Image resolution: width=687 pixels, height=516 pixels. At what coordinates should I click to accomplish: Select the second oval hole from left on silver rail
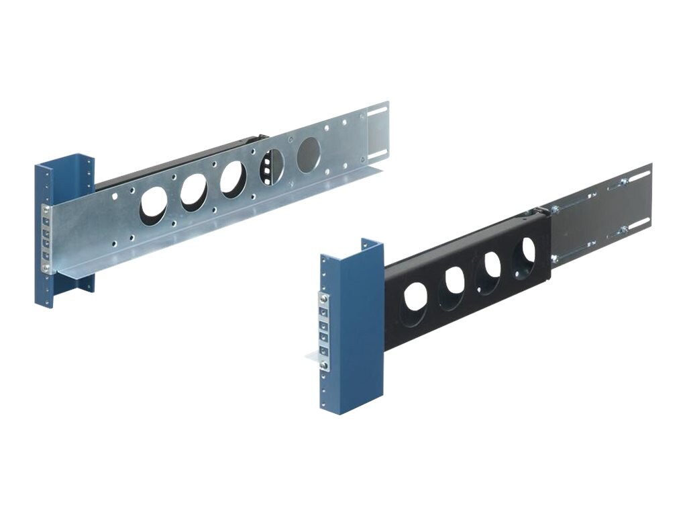[x=193, y=191]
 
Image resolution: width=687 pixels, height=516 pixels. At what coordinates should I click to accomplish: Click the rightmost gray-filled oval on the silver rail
[x=309, y=155]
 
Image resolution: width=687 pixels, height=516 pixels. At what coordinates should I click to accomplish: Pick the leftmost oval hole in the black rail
[x=415, y=296]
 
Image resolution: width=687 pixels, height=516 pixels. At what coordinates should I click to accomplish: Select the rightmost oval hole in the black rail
[x=524, y=253]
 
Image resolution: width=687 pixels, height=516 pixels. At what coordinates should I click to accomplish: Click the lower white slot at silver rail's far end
[x=378, y=153]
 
